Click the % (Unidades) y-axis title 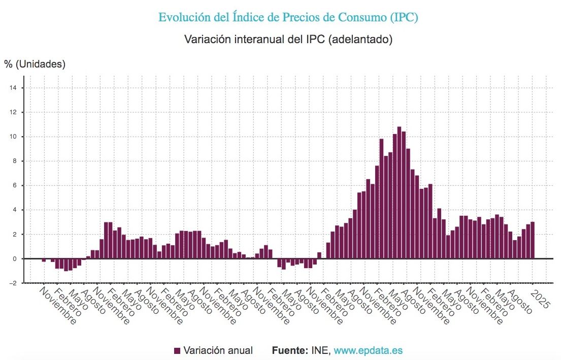coord(35,64)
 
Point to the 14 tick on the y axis coord(14,88)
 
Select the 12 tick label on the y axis coord(14,112)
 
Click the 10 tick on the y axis coord(14,137)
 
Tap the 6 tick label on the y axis coord(15,185)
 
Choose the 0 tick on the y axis coord(15,259)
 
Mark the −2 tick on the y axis coord(13,283)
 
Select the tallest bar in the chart coord(399,193)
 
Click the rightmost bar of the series coord(533,241)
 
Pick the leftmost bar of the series coord(44,260)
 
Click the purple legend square coord(177,351)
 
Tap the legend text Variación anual coord(218,351)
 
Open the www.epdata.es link coord(368,351)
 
